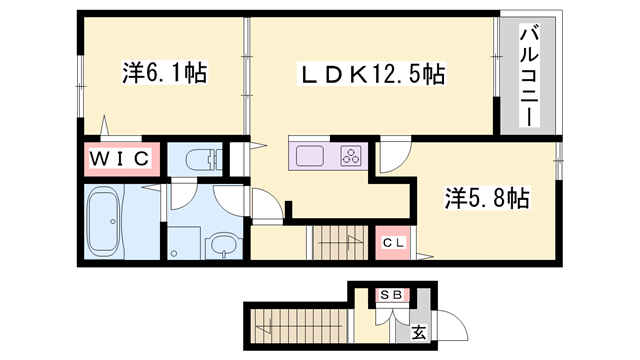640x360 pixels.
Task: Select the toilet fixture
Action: pos(203,158)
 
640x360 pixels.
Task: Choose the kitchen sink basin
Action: pos(308,155)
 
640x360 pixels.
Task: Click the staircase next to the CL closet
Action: pos(340,242)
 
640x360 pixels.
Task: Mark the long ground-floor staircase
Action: pos(295,323)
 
